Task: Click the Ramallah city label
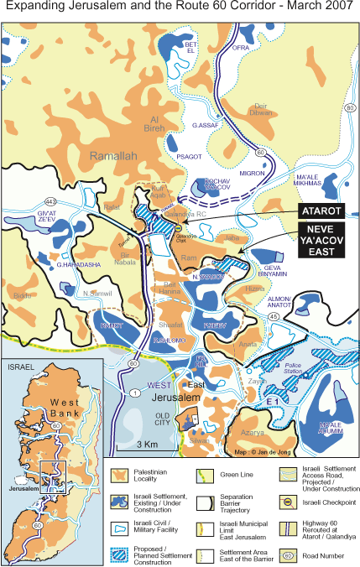tap(113, 155)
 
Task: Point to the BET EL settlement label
tap(190, 47)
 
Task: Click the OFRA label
tap(242, 48)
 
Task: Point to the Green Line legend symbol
tap(204, 475)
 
